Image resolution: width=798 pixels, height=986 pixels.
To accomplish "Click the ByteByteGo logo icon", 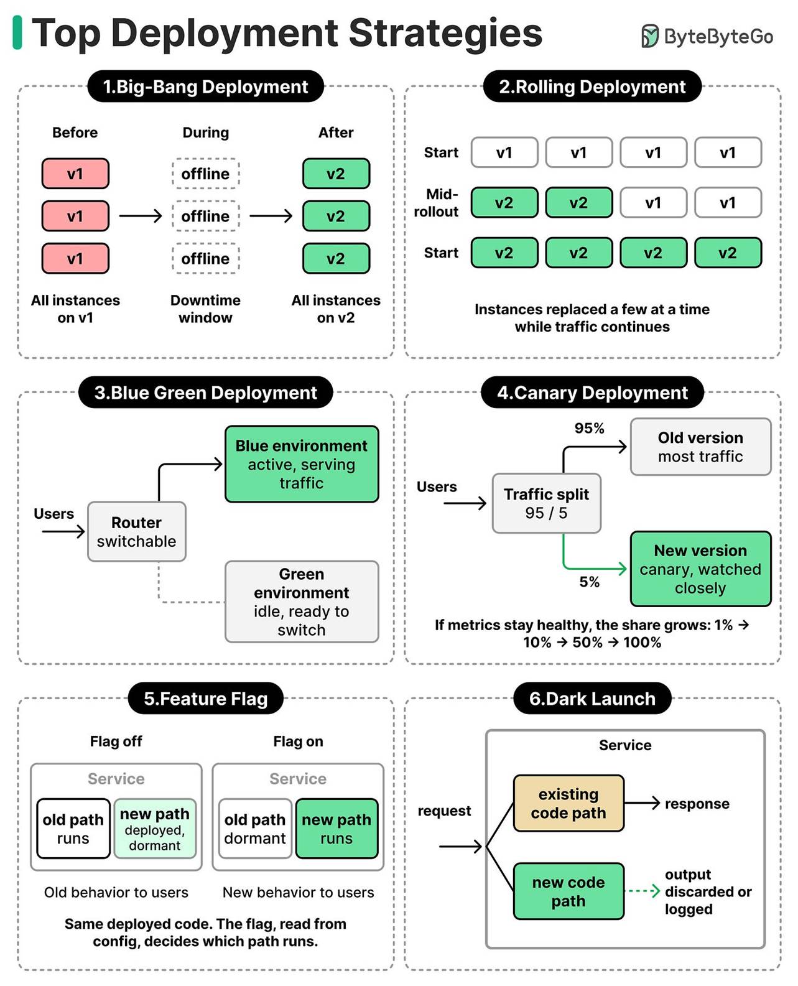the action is [x=650, y=36].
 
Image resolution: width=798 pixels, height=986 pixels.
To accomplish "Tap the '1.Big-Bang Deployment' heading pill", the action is [x=205, y=86].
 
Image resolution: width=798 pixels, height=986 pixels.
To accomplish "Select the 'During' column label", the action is [x=205, y=133].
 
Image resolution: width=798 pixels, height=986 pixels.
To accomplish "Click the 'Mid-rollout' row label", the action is [x=436, y=203].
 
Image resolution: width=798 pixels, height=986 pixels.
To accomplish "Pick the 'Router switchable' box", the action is [x=137, y=531].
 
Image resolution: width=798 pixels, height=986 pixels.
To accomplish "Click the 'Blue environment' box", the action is [x=302, y=464].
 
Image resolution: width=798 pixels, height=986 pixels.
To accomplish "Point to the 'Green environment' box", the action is [x=302, y=602].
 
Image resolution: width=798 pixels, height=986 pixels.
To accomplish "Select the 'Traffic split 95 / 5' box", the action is [x=547, y=503].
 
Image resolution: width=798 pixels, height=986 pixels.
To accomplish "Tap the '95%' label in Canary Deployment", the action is [x=589, y=428].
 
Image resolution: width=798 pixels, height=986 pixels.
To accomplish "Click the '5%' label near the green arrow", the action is [x=589, y=582].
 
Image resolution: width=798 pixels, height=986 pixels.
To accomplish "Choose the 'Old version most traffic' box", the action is [x=701, y=447].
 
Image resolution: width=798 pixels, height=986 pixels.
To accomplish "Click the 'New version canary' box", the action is [x=701, y=569].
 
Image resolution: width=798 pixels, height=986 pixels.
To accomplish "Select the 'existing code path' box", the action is [x=569, y=803].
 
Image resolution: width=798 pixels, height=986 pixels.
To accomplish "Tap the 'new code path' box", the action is [x=569, y=891].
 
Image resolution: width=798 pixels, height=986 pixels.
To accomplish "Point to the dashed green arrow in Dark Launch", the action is [x=642, y=891].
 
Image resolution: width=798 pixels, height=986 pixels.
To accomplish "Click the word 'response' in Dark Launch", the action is [x=697, y=804].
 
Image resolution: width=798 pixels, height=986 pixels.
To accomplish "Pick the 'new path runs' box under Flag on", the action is [x=336, y=829].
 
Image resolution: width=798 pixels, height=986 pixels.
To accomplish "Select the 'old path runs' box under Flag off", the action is [x=73, y=829].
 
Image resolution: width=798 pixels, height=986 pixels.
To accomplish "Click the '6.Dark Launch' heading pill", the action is [x=592, y=698].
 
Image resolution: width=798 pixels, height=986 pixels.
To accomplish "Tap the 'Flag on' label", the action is [x=298, y=741].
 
